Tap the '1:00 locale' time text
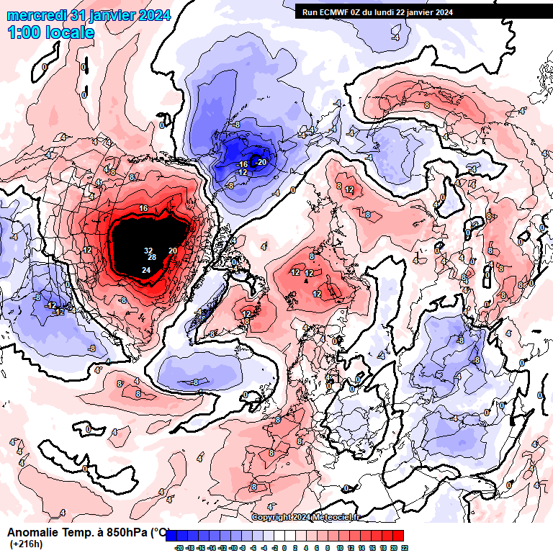point(50,32)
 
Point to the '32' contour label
point(148,251)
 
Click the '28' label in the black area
point(152,257)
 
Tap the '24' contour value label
point(146,270)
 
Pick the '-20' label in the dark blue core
point(261,162)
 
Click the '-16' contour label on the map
point(243,165)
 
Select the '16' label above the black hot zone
point(143,208)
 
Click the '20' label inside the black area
point(173,251)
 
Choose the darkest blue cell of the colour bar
point(172,536)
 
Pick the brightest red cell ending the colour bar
point(398,536)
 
